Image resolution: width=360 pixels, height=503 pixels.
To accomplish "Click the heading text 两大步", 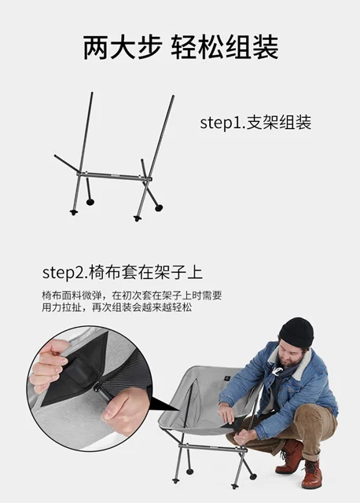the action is click(122, 47).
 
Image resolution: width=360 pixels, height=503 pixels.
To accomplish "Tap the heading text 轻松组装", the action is click(225, 47).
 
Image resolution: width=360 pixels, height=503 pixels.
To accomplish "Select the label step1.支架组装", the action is click(255, 123).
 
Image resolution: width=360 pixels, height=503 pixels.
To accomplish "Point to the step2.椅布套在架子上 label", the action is click(123, 273).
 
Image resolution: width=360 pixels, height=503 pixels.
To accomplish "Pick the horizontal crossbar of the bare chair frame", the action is click(114, 176).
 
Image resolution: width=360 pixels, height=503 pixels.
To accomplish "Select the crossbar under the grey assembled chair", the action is click(211, 447).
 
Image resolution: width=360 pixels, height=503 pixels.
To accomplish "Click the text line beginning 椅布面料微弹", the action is click(131, 296).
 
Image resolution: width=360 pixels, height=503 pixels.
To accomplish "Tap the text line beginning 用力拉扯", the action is click(117, 307).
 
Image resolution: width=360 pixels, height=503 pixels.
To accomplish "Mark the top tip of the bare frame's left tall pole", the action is click(92, 94).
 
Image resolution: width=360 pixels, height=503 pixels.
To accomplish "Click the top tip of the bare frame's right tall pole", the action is click(173, 97).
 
